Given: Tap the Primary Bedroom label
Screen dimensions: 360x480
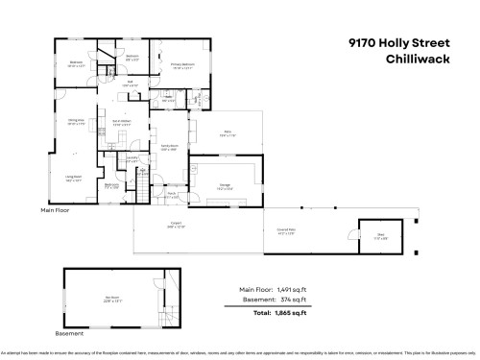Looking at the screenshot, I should pos(182,66).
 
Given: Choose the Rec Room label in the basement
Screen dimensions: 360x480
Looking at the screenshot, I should pos(113,297).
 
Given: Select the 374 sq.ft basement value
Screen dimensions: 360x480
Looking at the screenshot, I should pos(291,300).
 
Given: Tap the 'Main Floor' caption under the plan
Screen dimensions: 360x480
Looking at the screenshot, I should pos(56,209).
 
